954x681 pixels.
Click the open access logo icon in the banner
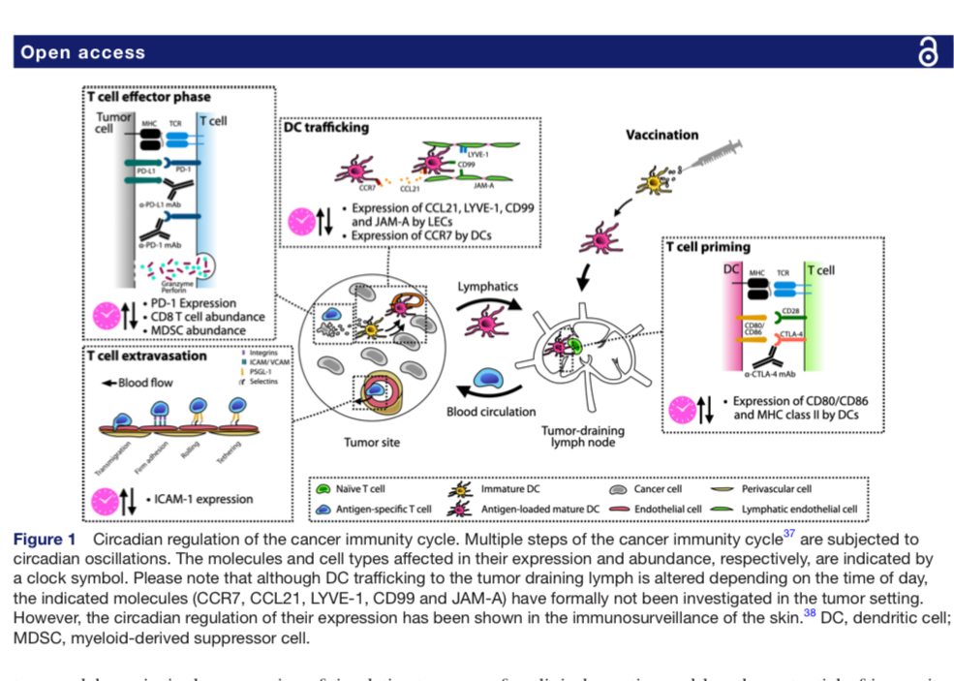coord(927,52)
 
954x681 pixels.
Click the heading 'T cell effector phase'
coord(149,96)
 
